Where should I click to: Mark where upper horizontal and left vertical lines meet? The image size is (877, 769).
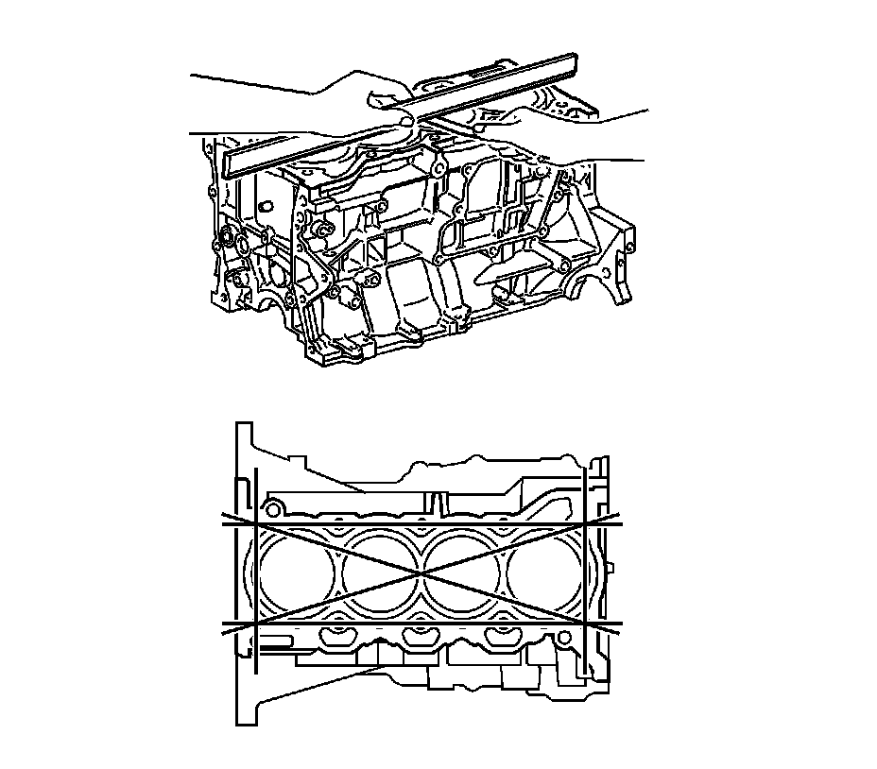coord(256,522)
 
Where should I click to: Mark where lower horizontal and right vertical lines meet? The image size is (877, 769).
coord(587,625)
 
